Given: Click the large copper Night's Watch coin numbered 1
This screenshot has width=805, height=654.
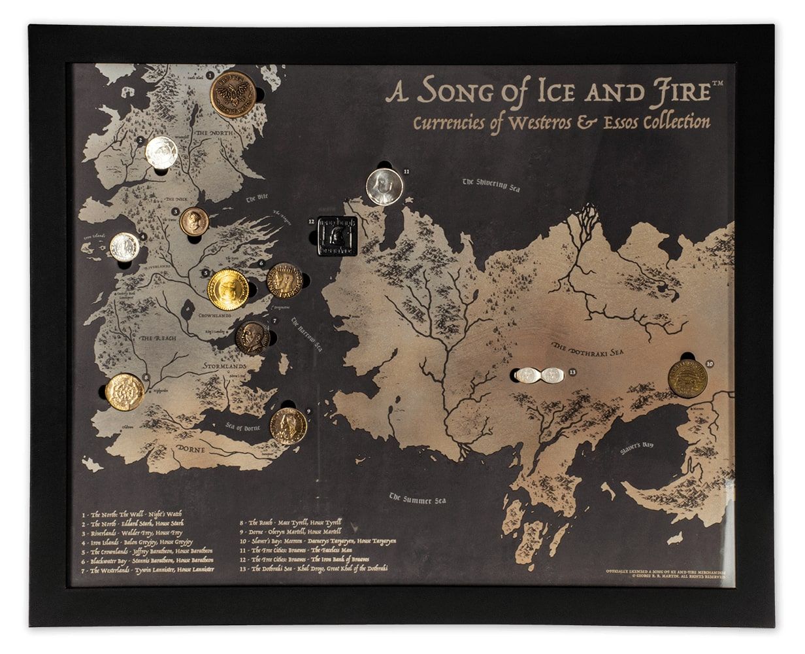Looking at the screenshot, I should [x=233, y=95].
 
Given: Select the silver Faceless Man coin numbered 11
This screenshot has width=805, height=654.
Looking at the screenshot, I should [x=384, y=186].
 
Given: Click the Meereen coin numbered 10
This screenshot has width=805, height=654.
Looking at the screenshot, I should [x=687, y=379].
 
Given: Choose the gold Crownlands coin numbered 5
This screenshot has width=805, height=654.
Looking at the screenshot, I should [x=228, y=289].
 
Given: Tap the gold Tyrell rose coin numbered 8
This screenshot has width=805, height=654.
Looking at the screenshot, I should [x=125, y=392].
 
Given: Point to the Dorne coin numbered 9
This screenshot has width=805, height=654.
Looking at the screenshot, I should [x=288, y=426].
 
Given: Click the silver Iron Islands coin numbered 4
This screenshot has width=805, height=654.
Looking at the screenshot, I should [x=124, y=247].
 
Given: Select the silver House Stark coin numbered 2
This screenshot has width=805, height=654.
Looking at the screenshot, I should [x=161, y=153].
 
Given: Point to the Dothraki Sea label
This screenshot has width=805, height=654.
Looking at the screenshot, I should [x=588, y=350].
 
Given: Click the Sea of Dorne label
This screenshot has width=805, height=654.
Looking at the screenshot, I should [x=243, y=428].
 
